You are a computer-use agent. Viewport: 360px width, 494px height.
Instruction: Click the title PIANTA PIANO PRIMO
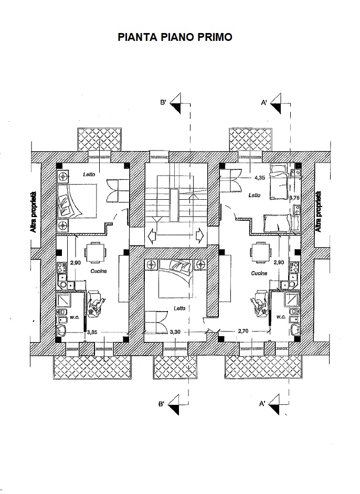[175, 37]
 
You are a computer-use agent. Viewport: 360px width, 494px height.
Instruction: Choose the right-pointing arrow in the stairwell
[199, 234]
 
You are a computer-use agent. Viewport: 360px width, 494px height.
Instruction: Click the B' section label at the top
[164, 103]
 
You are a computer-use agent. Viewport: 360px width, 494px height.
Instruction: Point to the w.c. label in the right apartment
[280, 317]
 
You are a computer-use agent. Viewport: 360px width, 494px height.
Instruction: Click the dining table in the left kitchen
[96, 253]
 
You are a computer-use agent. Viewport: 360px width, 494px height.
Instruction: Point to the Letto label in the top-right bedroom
[255, 195]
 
